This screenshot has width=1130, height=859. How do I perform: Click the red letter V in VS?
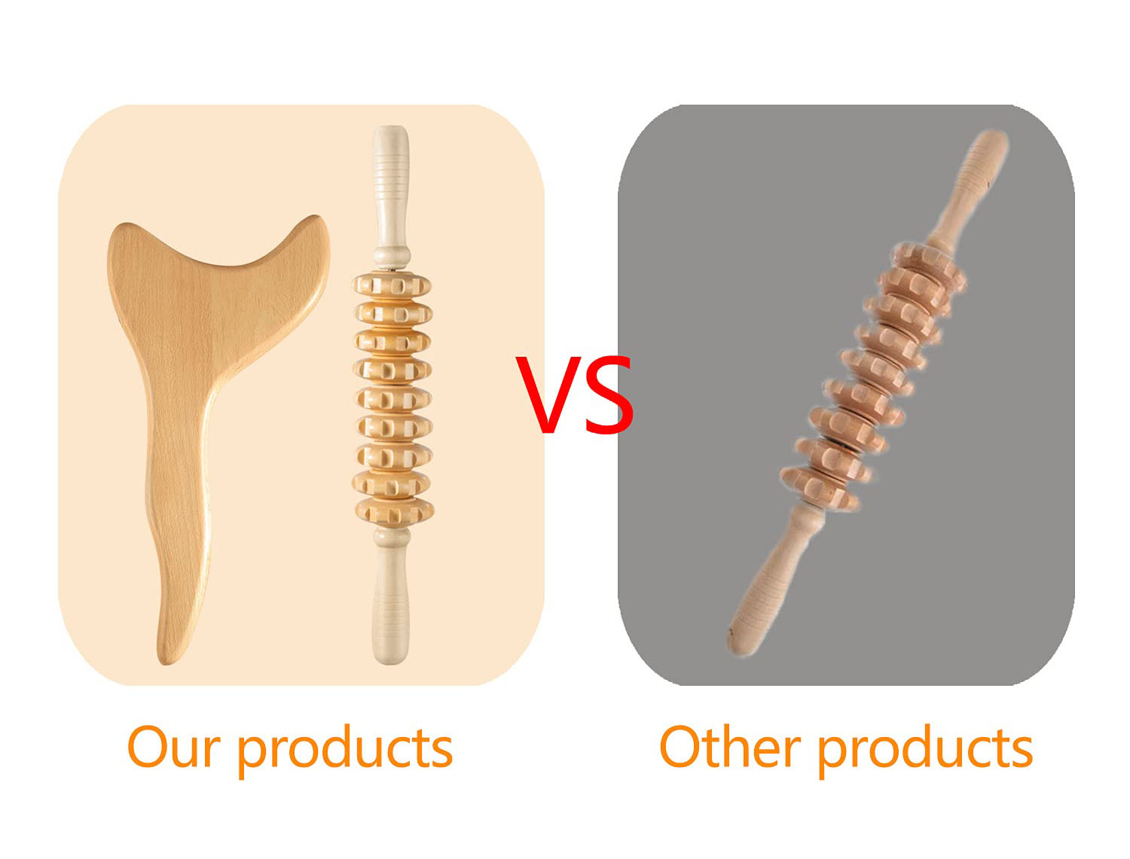click(547, 394)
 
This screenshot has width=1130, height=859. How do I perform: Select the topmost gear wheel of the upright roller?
click(392, 285)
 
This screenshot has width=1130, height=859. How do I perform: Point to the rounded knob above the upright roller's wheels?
click(392, 254)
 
